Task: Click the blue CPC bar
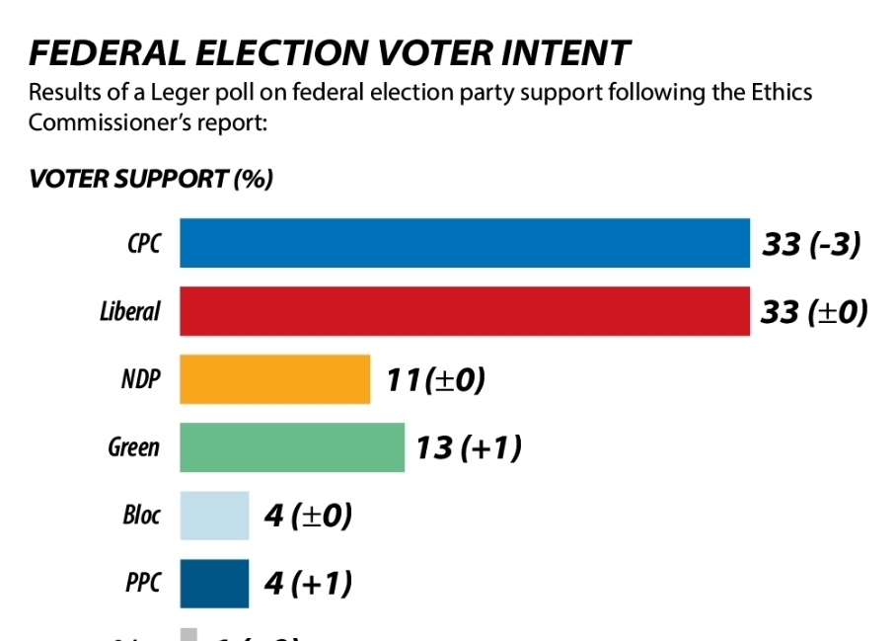464,243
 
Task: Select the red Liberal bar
464,311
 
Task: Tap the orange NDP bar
274,379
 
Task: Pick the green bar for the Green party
291,447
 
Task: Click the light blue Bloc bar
214,516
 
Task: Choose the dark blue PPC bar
214,583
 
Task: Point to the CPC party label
143,244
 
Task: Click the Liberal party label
129,312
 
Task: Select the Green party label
133,447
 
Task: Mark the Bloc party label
141,516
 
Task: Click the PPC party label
142,584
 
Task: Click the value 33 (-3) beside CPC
811,244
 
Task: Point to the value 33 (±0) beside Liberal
814,312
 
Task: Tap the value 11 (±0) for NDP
435,380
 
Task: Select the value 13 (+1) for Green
468,448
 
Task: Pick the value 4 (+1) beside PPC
308,584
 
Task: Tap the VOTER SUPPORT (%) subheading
150,179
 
